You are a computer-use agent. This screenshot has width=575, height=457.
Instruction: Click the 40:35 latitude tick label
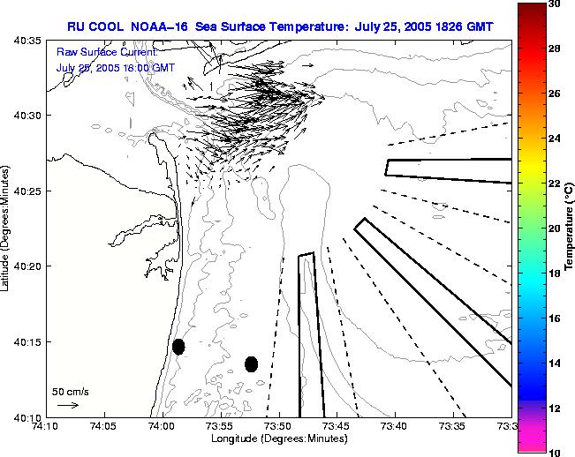click(26, 41)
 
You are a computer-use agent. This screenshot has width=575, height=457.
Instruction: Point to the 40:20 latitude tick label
click(26, 266)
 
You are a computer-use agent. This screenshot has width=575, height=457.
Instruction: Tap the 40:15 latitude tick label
click(26, 342)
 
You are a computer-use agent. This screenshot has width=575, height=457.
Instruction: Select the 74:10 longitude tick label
click(45, 427)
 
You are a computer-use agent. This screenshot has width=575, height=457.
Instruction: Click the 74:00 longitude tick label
click(162, 427)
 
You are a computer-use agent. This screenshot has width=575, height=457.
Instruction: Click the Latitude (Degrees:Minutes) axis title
click(7, 228)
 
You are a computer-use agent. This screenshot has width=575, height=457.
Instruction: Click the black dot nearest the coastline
click(178, 347)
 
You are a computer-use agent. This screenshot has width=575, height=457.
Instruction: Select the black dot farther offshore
click(251, 363)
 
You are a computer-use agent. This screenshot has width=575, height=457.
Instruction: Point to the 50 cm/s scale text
click(71, 392)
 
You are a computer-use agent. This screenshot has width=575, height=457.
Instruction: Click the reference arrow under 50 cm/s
click(67, 405)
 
